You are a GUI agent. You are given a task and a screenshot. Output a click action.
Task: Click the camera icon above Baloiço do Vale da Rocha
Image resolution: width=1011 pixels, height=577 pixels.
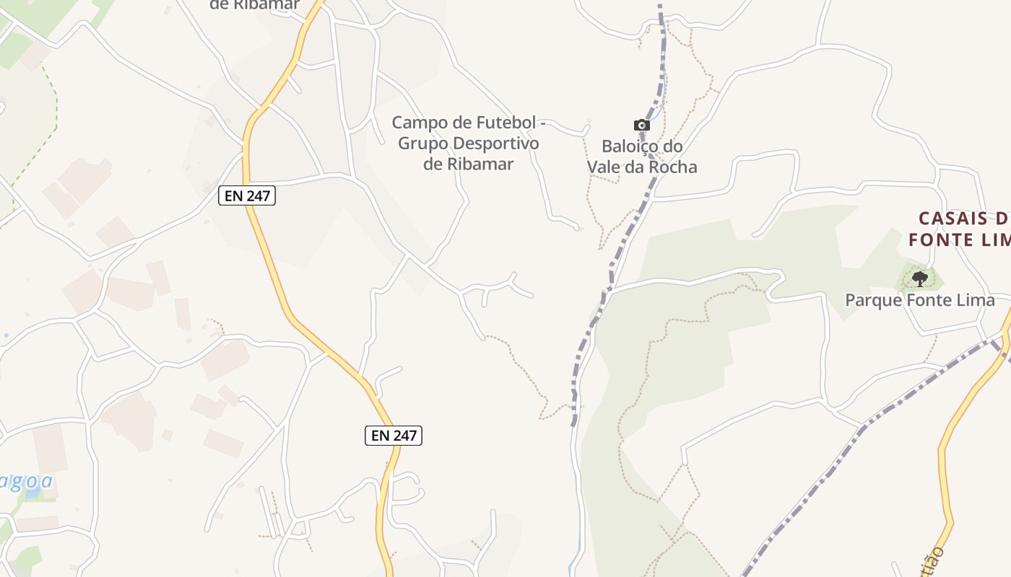[641, 125]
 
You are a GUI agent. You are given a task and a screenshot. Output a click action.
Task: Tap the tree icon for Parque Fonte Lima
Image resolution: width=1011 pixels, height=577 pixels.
[919, 278]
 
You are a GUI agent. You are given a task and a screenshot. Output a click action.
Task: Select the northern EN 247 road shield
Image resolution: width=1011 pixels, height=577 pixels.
[247, 195]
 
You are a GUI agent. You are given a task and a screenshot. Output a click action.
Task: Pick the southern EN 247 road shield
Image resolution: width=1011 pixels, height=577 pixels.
[393, 435]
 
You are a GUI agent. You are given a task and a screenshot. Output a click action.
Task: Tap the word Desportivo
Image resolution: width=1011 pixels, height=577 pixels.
[495, 143]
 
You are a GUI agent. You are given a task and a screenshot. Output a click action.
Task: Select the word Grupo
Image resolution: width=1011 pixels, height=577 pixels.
[422, 143]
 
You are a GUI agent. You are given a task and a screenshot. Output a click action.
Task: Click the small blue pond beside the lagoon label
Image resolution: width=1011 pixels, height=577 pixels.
[32, 494]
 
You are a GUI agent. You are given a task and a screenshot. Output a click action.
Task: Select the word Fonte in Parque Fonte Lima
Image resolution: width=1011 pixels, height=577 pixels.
[928, 300]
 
